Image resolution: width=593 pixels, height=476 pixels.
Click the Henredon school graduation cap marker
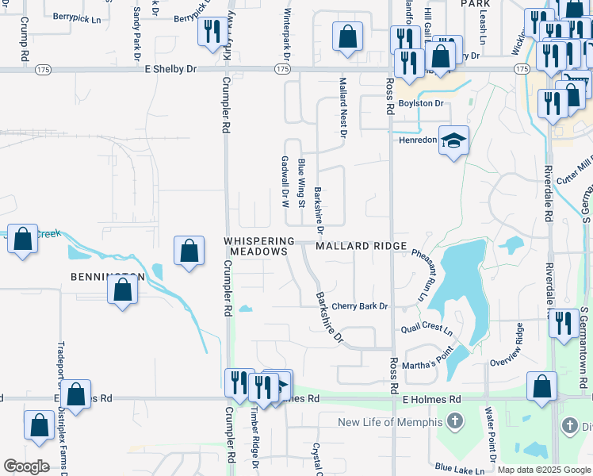(453, 140)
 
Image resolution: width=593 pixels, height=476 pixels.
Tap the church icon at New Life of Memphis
(454, 420)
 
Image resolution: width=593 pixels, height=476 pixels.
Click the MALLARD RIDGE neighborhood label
(362, 247)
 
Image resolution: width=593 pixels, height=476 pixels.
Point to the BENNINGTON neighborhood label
(107, 278)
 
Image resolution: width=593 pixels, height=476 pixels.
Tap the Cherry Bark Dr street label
(360, 306)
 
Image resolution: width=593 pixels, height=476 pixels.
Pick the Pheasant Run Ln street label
(425, 274)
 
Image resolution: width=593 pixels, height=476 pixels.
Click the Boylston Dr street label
(420, 104)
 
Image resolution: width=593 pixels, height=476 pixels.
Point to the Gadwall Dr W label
(285, 182)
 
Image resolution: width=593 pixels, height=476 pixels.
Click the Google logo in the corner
(26, 466)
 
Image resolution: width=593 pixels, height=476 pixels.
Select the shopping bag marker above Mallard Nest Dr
(347, 36)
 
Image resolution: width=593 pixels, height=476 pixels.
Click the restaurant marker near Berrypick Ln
(211, 33)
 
